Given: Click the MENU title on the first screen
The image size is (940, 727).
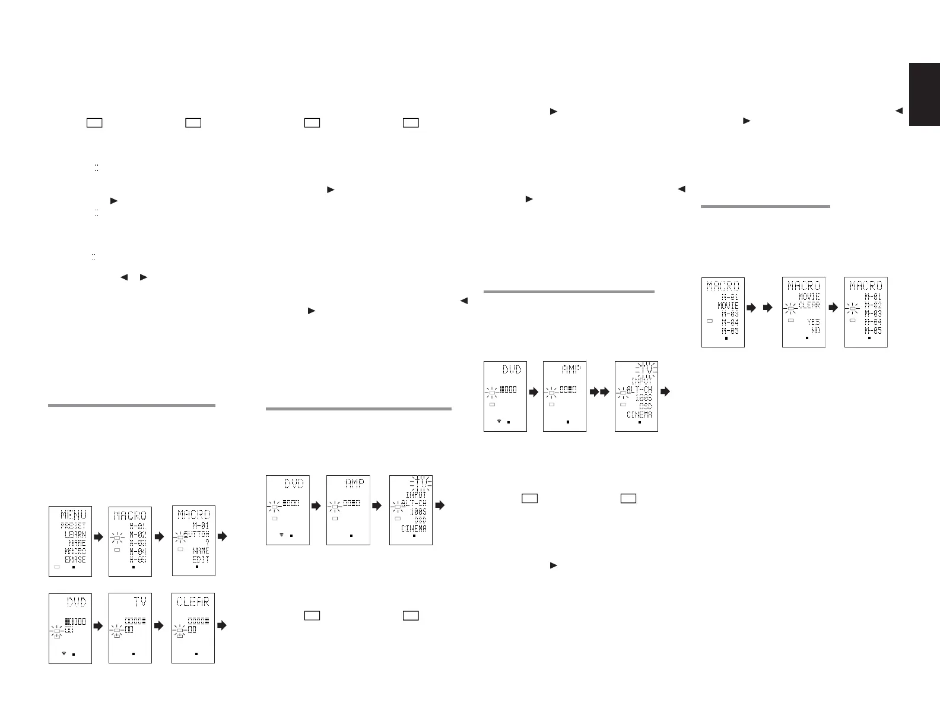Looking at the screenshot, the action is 73,515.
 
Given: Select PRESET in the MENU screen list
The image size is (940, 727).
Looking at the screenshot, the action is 73,526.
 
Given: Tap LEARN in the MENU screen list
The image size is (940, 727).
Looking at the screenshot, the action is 75,535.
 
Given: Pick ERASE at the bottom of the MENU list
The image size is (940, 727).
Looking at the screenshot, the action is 75,560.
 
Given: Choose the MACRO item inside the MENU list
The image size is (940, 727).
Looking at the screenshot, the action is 75,551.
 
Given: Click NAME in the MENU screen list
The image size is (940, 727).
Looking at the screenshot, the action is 77,543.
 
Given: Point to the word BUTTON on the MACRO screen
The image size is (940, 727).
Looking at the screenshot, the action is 196,535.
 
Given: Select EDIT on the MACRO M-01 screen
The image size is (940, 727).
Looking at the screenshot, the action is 201,560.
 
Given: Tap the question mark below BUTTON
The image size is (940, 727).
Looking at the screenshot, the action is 207,543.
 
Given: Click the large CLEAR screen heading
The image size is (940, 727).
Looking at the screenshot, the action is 193,602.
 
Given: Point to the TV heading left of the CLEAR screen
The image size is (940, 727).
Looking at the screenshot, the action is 139,602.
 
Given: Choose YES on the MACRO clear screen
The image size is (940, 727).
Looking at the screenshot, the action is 813,322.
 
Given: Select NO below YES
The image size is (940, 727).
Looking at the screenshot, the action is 815,330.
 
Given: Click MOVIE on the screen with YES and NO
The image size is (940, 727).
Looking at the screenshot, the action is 809,296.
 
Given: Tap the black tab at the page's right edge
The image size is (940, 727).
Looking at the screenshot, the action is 924,94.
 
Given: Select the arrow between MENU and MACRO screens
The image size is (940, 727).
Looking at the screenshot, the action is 99,536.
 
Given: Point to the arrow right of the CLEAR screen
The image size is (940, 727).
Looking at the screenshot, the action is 222,625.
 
